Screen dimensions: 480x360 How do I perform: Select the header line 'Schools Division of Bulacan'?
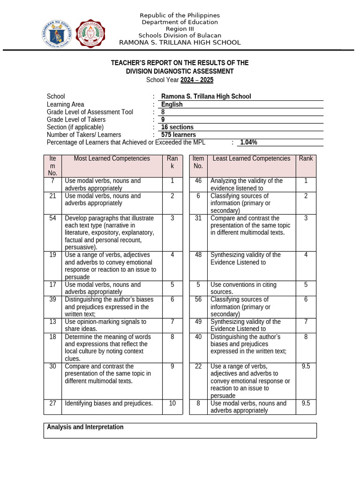pyautogui.click(x=180, y=36)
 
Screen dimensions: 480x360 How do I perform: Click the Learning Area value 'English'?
pyautogui.click(x=172, y=105)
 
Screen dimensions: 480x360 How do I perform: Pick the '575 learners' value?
pyautogui.click(x=178, y=135)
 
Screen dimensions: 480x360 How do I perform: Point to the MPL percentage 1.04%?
pyautogui.click(x=248, y=142)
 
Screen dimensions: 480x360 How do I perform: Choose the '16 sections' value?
pyautogui.click(x=177, y=127)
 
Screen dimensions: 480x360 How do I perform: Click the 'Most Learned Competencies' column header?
pyautogui.click(x=112, y=158)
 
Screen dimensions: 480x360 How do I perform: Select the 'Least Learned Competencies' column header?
pyautogui.click(x=251, y=158)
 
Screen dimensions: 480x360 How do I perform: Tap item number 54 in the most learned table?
pyautogui.click(x=52, y=218)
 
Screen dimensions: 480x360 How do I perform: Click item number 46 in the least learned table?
pyautogui.click(x=198, y=181)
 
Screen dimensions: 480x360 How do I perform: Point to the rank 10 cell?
pyautogui.click(x=172, y=403)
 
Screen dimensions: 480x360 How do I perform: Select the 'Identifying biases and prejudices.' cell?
pyautogui.click(x=109, y=403)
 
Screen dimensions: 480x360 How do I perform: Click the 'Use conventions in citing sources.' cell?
pyautogui.click(x=243, y=288)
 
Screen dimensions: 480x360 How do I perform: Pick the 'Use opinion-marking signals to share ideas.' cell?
pyautogui.click(x=105, y=325)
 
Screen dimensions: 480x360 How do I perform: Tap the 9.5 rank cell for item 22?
pyautogui.click(x=306, y=366)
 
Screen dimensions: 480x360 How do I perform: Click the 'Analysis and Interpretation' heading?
pyautogui.click(x=85, y=427)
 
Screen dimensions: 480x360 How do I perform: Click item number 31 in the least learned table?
pyautogui.click(x=198, y=218)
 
